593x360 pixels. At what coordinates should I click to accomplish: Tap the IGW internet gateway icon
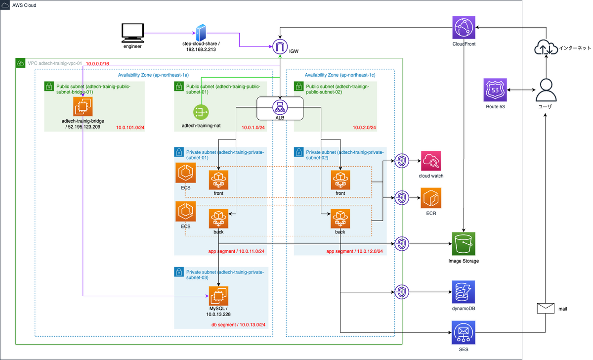click(x=280, y=47)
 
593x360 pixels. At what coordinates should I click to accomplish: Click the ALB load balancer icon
click(x=279, y=107)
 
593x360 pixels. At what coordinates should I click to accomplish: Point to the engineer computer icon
click(x=132, y=33)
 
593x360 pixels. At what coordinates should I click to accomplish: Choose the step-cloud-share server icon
click(x=201, y=33)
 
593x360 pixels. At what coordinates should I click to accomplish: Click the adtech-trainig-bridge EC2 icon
click(x=84, y=107)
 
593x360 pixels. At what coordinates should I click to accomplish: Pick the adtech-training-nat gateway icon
click(x=200, y=112)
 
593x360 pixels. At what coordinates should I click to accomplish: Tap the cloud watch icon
click(x=431, y=161)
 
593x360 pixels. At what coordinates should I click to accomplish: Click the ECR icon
click(x=431, y=199)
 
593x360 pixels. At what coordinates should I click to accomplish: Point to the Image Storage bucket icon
click(x=464, y=244)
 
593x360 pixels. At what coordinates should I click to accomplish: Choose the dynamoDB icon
click(x=464, y=292)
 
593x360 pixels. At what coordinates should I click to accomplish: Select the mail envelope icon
click(x=545, y=308)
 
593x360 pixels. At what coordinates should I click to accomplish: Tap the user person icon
click(x=546, y=90)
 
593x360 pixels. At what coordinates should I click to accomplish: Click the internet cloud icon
click(x=546, y=49)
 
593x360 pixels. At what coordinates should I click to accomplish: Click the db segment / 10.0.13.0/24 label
click(x=239, y=324)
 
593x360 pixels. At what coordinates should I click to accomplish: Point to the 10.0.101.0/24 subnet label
click(x=129, y=128)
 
